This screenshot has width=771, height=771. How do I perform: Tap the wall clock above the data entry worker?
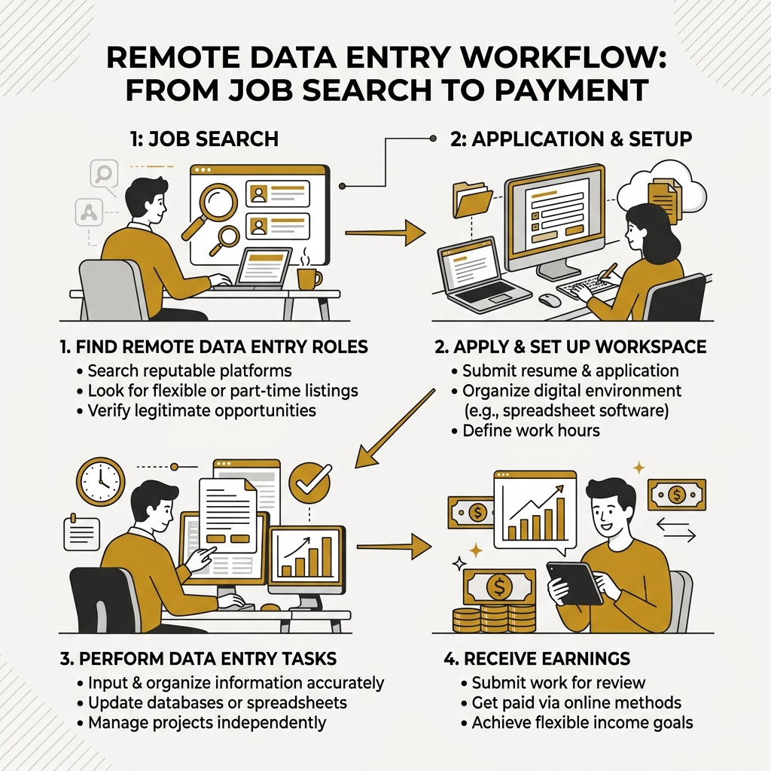(100, 481)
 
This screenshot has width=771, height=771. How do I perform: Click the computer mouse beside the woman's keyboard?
(550, 300)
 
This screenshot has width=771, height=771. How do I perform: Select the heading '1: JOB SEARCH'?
(203, 139)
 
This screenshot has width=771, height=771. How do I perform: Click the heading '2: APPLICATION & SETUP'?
(562, 139)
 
